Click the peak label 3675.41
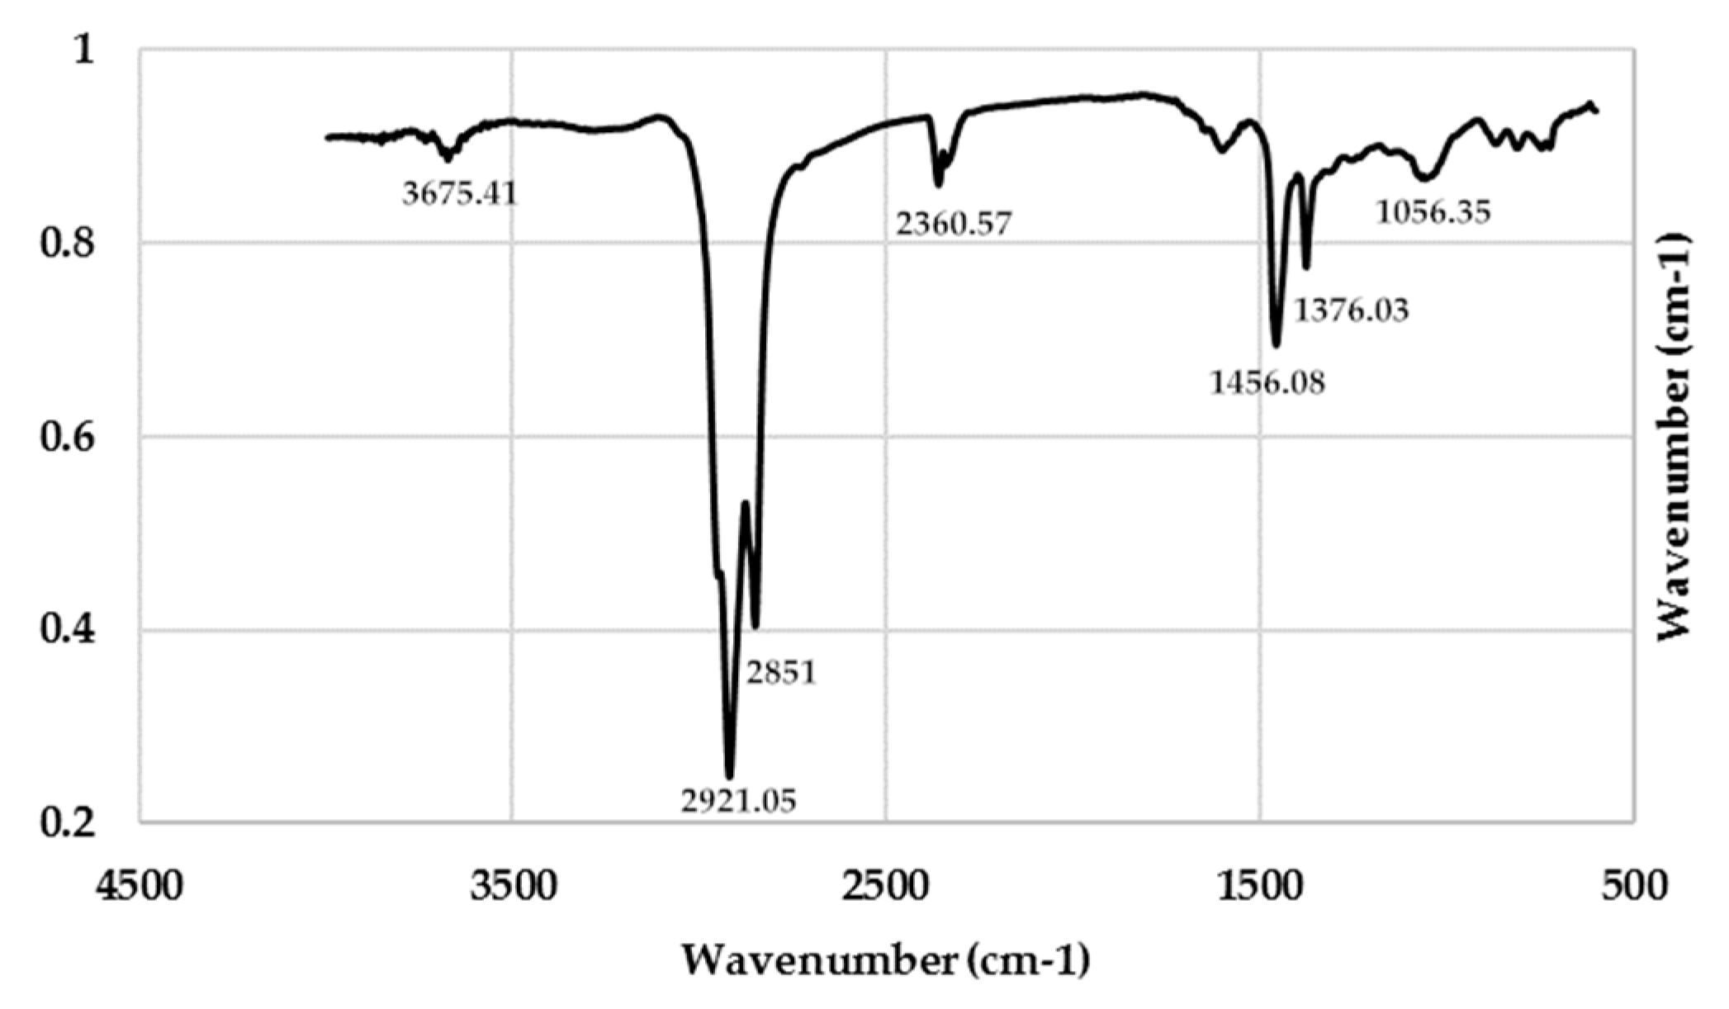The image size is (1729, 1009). coord(460,195)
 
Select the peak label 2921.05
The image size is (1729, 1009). coord(738,800)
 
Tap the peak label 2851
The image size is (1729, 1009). coord(781,673)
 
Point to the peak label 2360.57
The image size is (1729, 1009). coord(954,223)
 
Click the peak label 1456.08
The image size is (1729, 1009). coord(1267,382)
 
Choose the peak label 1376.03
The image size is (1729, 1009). coord(1351,310)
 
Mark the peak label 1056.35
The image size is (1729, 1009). coord(1433,213)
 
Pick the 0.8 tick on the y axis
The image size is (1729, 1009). coord(67,244)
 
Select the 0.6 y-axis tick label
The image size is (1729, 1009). coord(67,438)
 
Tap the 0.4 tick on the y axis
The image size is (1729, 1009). coord(67,632)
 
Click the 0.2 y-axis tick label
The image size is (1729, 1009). coord(67,824)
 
